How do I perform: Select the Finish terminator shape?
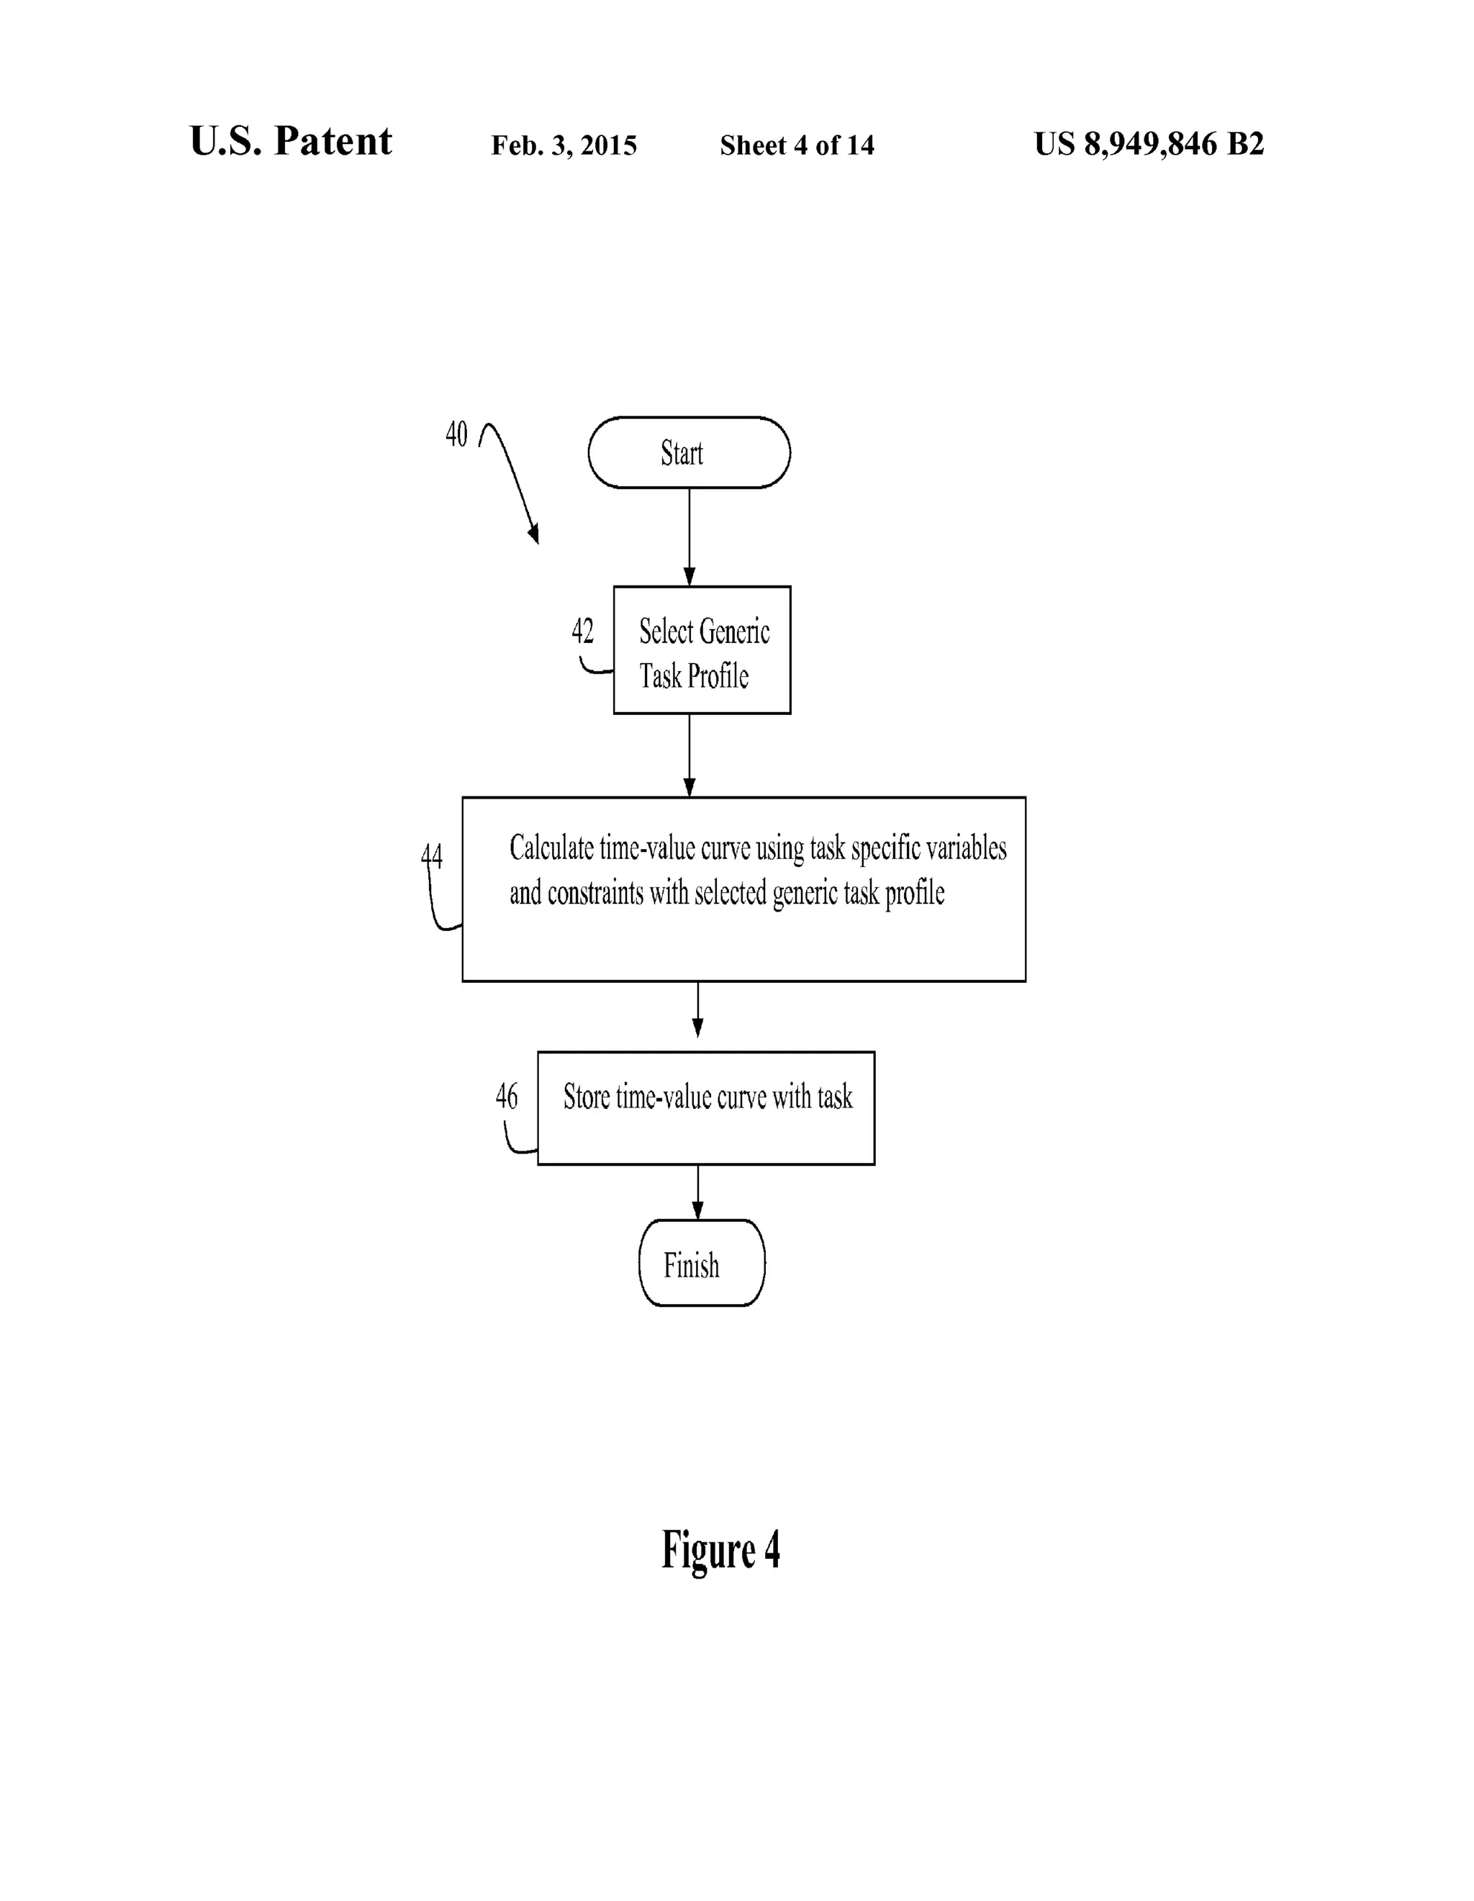click(701, 1264)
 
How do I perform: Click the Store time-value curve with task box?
click(705, 1107)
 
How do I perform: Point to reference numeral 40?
click(456, 433)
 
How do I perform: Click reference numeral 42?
click(582, 631)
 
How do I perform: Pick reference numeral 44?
click(432, 856)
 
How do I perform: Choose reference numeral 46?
click(507, 1096)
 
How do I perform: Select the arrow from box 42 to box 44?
click(689, 755)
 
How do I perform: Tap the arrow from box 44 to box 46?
click(697, 1010)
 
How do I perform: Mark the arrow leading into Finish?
click(697, 1192)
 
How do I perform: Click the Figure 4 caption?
click(720, 1550)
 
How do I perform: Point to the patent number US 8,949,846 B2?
click(1148, 143)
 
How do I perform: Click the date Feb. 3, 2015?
click(564, 145)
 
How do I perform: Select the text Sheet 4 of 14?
click(796, 145)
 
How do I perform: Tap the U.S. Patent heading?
click(291, 141)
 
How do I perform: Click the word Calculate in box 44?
click(551, 848)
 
